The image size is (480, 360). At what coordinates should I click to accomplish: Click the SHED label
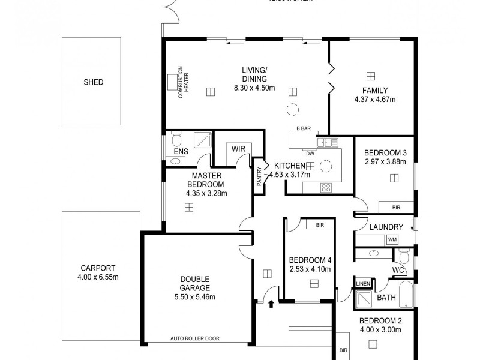93,82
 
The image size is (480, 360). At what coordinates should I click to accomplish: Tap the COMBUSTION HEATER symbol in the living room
175,82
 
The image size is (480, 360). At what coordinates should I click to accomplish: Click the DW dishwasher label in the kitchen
310,153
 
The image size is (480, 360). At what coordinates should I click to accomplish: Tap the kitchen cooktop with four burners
326,187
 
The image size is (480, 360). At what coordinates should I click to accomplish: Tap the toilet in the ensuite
176,141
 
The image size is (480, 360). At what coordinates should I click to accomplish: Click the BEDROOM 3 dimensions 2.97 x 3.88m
385,161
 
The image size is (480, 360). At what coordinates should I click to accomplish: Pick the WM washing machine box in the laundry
392,240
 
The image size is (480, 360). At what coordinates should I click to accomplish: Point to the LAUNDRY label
386,227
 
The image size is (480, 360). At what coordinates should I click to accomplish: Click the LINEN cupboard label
362,284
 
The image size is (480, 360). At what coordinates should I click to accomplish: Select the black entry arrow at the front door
272,305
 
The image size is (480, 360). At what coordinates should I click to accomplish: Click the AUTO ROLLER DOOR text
195,338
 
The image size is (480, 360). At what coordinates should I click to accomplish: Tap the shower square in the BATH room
363,298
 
